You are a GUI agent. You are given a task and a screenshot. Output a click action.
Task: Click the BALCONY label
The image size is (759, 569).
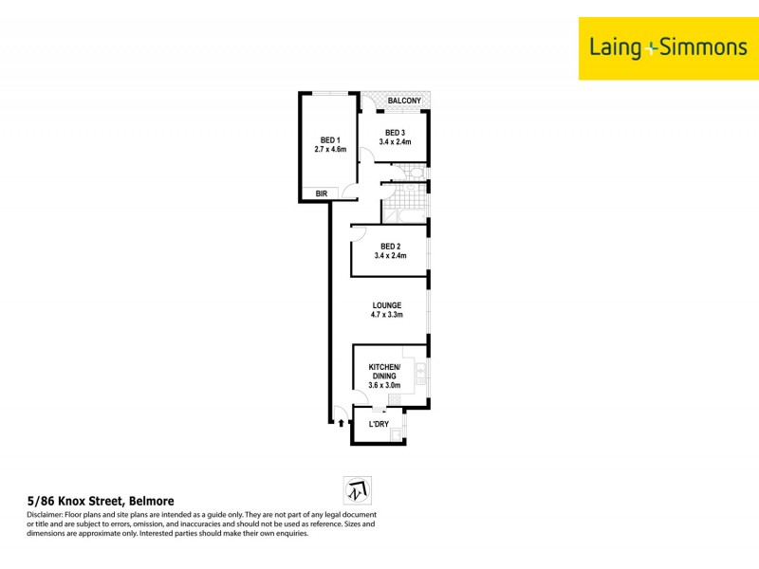(403, 101)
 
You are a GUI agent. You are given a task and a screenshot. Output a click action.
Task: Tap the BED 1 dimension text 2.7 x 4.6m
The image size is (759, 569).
(330, 149)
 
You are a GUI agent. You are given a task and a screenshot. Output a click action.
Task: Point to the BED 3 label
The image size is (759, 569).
(395, 132)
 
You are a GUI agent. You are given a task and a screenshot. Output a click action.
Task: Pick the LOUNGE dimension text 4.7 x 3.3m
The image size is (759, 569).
(387, 315)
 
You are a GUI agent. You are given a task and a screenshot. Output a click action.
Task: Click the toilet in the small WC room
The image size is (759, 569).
(417, 173)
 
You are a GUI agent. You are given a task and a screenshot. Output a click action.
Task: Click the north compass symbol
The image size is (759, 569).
(357, 490)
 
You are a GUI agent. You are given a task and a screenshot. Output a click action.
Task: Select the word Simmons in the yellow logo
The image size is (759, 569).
(698, 47)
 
